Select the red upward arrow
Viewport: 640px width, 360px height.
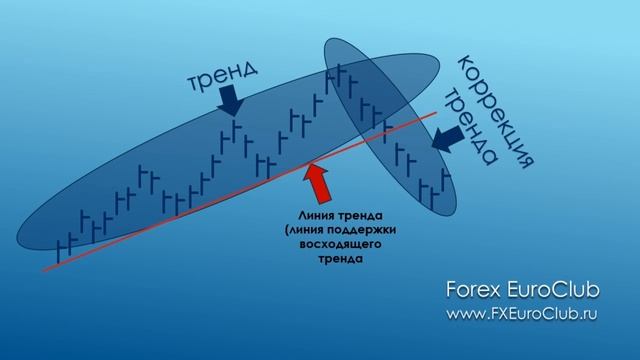320,180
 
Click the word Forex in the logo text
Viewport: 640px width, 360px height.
473,289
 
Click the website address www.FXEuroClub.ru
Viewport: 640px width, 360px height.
522,313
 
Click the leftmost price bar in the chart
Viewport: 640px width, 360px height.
64,246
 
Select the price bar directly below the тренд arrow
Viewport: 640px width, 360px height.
232,132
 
